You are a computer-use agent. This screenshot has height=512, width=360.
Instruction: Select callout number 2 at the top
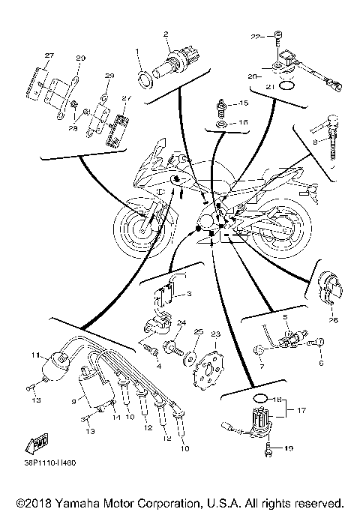tap(166, 34)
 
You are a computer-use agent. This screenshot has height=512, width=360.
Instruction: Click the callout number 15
tap(244, 102)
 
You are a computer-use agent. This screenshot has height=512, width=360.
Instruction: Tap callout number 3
tap(188, 294)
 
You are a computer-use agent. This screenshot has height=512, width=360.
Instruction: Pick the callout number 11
tap(34, 355)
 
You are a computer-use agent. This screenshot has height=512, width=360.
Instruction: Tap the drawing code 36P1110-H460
tap(55, 462)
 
